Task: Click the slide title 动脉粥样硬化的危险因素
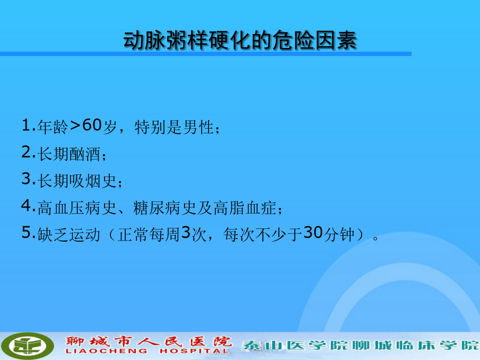pos(240,40)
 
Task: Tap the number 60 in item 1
pos(92,125)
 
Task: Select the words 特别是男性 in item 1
pos(174,127)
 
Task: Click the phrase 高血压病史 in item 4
pos(77,208)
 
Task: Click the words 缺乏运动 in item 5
pos(69,235)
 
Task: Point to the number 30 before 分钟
pos(313,233)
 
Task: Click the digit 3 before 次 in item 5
pos(186,233)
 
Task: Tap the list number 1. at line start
pos(28,125)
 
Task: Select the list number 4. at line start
pos(28,206)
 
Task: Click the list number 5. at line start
pos(28,233)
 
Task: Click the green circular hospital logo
pos(27,346)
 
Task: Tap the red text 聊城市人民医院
pos(148,341)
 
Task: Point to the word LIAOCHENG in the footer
pos(106,351)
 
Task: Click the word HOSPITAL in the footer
pos(194,351)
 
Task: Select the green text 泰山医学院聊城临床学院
pos(361,345)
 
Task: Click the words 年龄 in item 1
pos(53,127)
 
